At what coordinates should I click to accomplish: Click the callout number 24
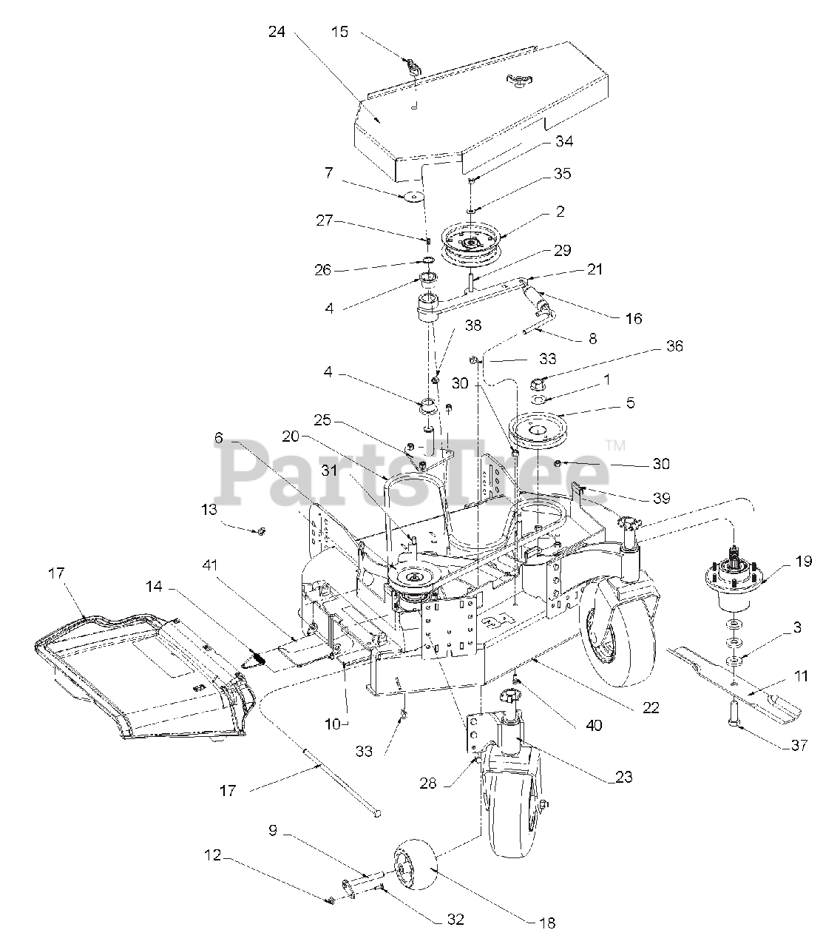(277, 32)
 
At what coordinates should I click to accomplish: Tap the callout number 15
(339, 32)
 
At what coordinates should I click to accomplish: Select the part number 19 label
(804, 561)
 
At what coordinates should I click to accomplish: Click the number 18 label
(547, 923)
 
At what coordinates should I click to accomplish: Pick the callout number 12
(212, 855)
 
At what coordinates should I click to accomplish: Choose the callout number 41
(210, 565)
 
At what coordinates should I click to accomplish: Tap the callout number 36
(674, 346)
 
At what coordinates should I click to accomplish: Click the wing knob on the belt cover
(517, 80)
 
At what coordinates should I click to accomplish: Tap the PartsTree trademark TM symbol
(615, 445)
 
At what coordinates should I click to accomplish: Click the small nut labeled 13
(262, 531)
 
